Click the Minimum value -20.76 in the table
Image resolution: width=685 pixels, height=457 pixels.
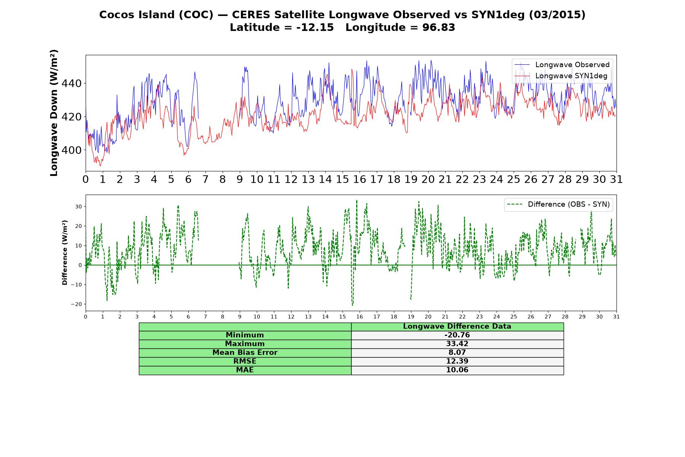click(457, 335)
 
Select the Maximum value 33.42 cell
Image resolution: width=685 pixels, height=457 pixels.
click(457, 344)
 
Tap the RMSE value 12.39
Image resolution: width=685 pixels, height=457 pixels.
click(457, 361)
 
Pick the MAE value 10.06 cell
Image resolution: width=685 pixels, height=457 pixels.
click(457, 370)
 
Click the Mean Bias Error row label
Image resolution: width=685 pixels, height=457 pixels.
click(245, 353)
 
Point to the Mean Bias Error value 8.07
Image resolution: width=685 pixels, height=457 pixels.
click(457, 353)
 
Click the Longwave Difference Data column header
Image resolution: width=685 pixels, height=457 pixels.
click(457, 326)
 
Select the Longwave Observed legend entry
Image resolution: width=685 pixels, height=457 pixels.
click(562, 65)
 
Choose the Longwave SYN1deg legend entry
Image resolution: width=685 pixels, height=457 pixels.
click(561, 76)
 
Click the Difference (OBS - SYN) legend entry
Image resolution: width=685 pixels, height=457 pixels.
click(558, 205)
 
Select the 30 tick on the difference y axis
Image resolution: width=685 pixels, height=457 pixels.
click(79, 207)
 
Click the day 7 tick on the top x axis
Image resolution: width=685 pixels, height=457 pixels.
click(205, 179)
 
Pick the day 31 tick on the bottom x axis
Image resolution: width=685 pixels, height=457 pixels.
click(616, 316)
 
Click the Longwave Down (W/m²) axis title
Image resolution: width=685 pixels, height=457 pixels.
click(54, 113)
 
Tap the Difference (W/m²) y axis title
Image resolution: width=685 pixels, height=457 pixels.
click(65, 252)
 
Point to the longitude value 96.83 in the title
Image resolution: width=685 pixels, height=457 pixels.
click(439, 27)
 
